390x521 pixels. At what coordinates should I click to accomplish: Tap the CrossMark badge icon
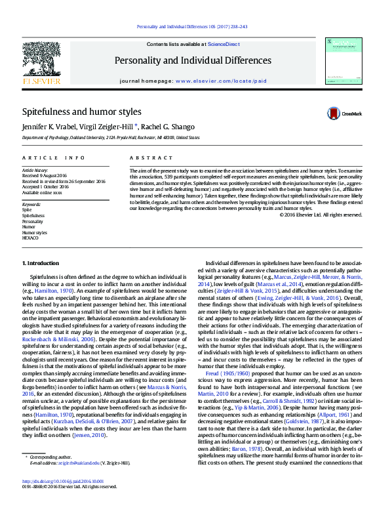pos(334,114)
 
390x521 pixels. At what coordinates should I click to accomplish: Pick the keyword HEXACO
pos(31,238)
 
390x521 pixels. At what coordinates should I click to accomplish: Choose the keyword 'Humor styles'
pos(35,232)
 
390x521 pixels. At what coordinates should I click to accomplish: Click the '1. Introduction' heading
pos(41,263)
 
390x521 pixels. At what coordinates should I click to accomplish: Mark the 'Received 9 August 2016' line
pos(45,175)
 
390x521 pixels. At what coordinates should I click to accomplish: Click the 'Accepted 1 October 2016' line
pos(45,186)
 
